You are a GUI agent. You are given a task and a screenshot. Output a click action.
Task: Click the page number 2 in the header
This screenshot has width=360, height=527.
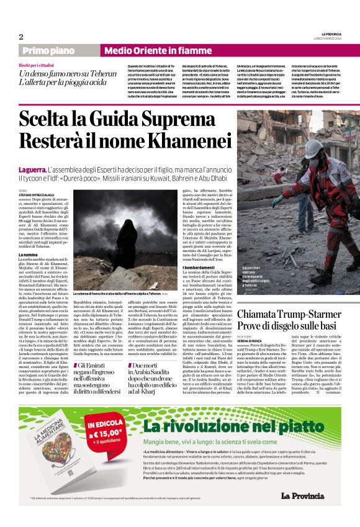pos(20,37)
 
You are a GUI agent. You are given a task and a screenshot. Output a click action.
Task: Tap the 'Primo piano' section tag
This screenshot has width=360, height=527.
pos(49,50)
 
